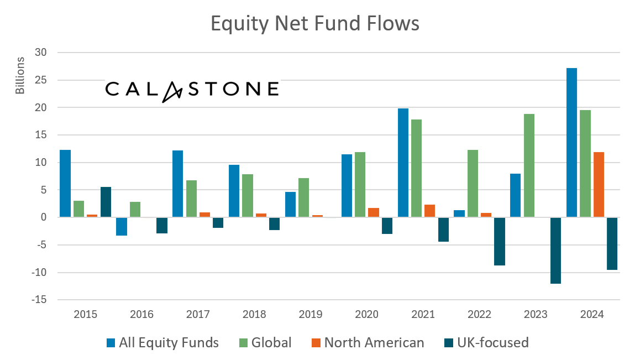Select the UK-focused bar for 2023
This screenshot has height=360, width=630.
(x=555, y=251)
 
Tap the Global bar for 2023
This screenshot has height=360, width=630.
(x=529, y=165)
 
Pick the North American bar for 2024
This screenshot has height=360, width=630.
(x=599, y=185)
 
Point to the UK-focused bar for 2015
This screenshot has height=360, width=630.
(x=106, y=202)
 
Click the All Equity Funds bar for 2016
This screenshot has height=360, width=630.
(x=122, y=227)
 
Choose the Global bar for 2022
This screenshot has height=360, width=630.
(x=473, y=184)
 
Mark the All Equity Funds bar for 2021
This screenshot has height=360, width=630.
(x=403, y=163)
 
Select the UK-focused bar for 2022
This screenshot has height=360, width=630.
(x=500, y=242)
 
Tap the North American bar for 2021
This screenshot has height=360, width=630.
(x=429, y=211)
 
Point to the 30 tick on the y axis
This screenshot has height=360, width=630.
(x=43, y=53)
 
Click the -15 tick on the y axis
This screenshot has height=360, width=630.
(x=40, y=300)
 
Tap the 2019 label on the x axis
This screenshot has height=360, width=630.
(x=310, y=315)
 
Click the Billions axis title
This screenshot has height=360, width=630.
(x=20, y=75)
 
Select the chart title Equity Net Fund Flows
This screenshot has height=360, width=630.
(x=315, y=24)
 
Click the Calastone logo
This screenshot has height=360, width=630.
(x=192, y=90)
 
